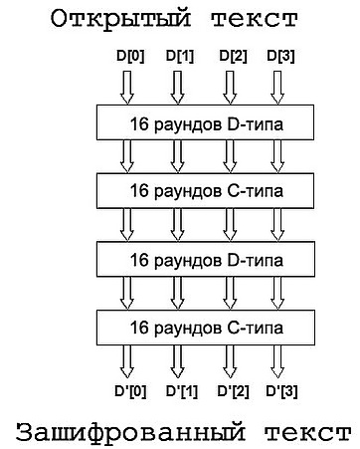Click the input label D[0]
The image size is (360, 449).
(x=130, y=56)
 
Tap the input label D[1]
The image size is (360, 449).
(x=180, y=56)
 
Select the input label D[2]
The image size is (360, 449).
(x=233, y=56)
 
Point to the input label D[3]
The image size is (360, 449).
(x=280, y=56)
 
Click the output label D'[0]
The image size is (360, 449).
(x=130, y=391)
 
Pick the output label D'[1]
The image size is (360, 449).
(x=182, y=391)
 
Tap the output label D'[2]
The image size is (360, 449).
(x=233, y=391)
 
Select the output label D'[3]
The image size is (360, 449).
(x=281, y=391)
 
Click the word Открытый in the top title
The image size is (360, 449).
(x=121, y=19)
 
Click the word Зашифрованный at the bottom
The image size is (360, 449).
(x=131, y=432)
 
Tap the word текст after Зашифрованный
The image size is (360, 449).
(x=308, y=433)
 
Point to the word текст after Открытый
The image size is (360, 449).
(x=255, y=19)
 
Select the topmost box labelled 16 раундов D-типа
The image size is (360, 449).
(x=205, y=122)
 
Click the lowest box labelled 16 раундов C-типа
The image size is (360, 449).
(x=206, y=328)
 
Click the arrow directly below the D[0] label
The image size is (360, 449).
(x=127, y=88)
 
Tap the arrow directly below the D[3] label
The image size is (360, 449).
(x=277, y=88)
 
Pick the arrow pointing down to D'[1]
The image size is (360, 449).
(x=177, y=361)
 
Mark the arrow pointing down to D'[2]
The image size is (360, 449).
(x=230, y=361)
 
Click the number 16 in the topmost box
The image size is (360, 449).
(x=139, y=124)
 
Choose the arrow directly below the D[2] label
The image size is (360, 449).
(x=230, y=88)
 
